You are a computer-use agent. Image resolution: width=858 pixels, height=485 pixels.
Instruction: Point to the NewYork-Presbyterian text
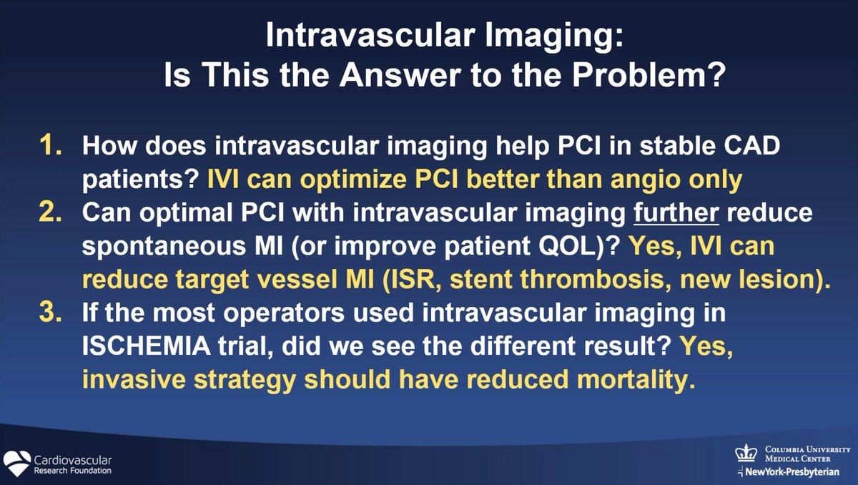pyautogui.click(x=793, y=472)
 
